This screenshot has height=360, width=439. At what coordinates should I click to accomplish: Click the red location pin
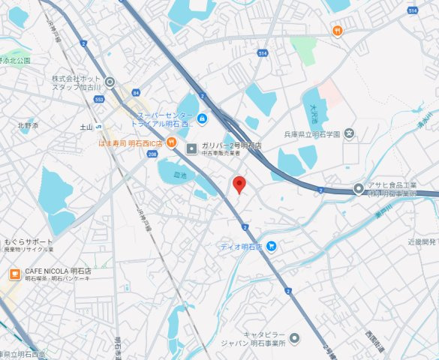(239, 184)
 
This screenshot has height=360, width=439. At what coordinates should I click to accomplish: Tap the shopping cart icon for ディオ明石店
(272, 245)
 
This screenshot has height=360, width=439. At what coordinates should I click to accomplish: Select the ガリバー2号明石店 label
(230, 145)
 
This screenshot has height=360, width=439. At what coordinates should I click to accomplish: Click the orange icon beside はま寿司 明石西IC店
(172, 143)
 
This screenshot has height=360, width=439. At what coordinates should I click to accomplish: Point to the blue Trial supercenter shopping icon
(201, 118)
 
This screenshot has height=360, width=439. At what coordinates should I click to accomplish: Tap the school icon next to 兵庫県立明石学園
(349, 134)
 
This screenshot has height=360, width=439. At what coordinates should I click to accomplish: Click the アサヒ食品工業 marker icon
(359, 189)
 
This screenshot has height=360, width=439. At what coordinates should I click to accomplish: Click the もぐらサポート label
(29, 242)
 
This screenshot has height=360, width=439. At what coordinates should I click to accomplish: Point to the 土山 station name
(86, 127)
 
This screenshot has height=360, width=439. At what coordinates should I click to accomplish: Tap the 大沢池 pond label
(314, 112)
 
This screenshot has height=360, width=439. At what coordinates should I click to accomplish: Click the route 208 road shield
(152, 153)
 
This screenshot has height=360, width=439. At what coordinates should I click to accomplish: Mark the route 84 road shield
(136, 92)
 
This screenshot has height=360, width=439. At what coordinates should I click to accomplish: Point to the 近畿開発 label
(422, 241)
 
